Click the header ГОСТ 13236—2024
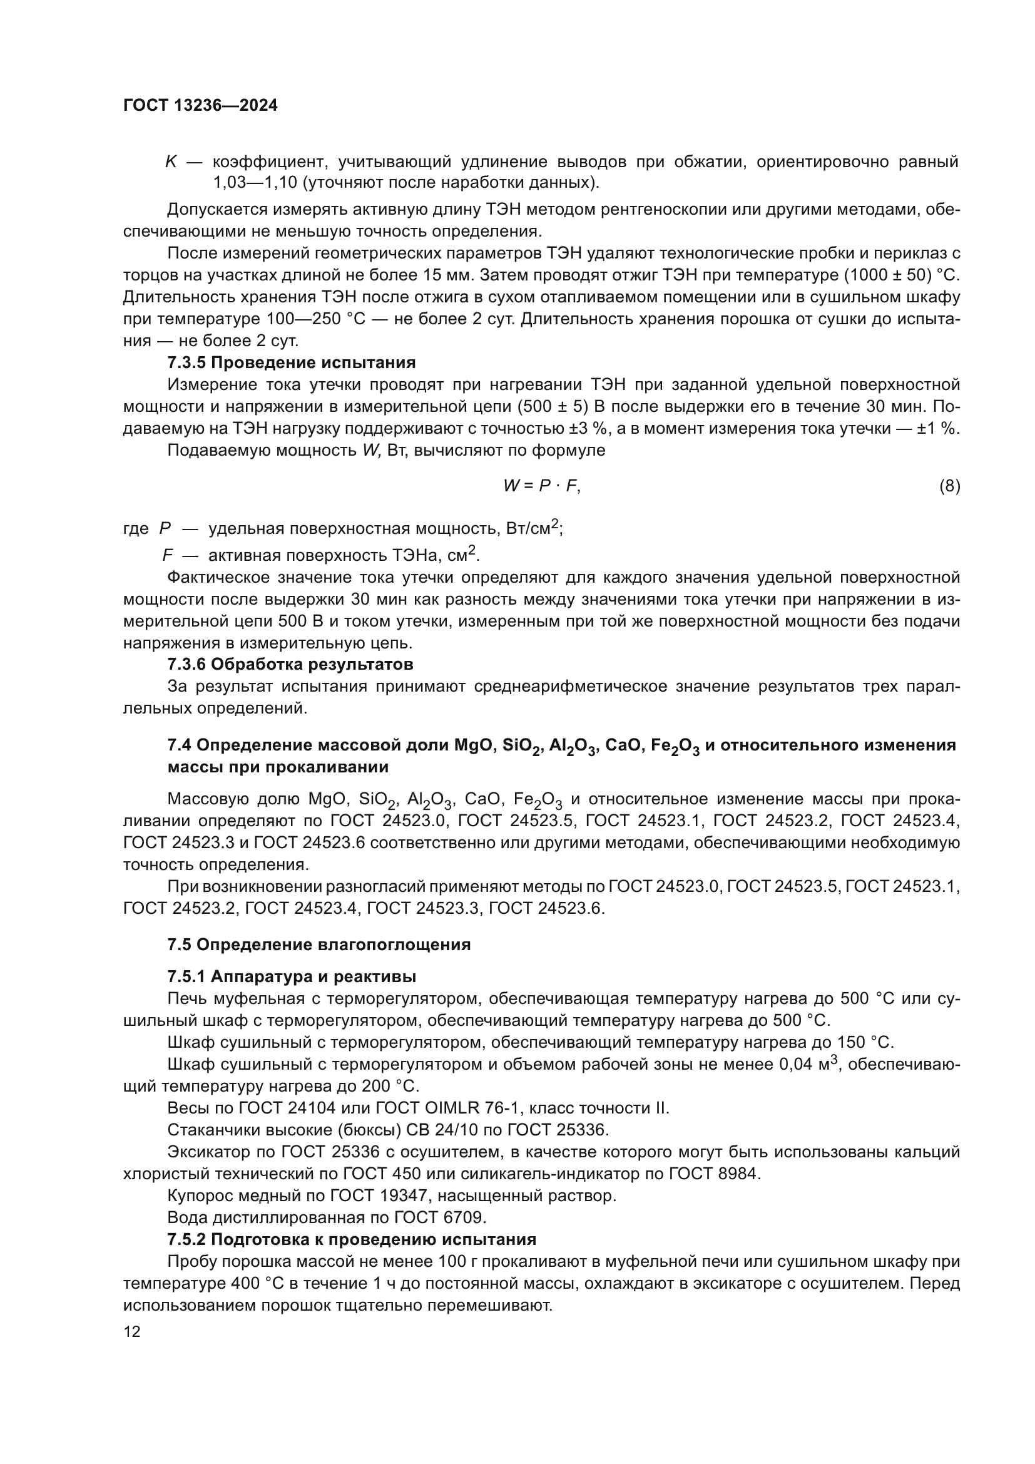[200, 106]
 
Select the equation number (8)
[949, 486]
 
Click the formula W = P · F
[541, 486]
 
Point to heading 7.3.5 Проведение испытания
[291, 363]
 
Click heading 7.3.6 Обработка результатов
[290, 665]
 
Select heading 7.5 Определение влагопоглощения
[319, 945]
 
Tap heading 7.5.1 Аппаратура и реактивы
[292, 977]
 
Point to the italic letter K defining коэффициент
[171, 162]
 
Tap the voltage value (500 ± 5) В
[553, 407]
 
